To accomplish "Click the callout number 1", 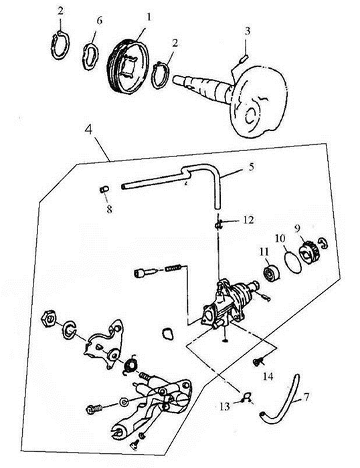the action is (x=148, y=17).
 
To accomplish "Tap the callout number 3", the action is (x=248, y=31).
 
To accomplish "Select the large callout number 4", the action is (x=89, y=130).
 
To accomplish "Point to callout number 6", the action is (x=99, y=21).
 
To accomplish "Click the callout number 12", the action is (x=248, y=220).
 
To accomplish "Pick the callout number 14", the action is (x=268, y=376).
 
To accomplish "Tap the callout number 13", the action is (x=225, y=406).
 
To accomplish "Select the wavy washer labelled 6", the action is (x=90, y=56).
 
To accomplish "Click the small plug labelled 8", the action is (x=104, y=189).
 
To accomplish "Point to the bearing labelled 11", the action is (x=272, y=273).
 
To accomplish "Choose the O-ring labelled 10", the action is (x=292, y=261).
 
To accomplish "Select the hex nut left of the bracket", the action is (x=49, y=318).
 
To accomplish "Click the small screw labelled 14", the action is (x=258, y=362).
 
